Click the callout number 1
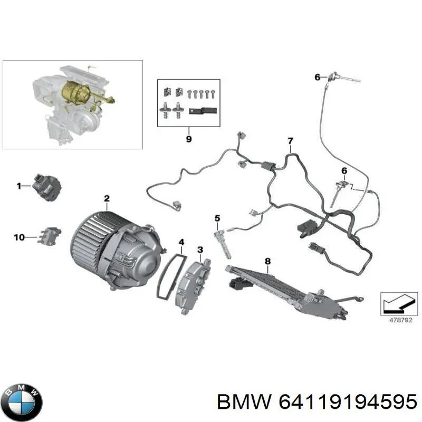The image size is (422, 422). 18,186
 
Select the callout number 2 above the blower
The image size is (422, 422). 107,199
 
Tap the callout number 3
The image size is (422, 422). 200,249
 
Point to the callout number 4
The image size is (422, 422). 181,243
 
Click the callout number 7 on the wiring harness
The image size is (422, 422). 290,140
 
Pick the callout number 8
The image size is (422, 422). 267,261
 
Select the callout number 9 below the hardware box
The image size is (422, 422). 189,139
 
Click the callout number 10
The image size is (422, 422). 19,238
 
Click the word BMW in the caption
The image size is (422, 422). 237,403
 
